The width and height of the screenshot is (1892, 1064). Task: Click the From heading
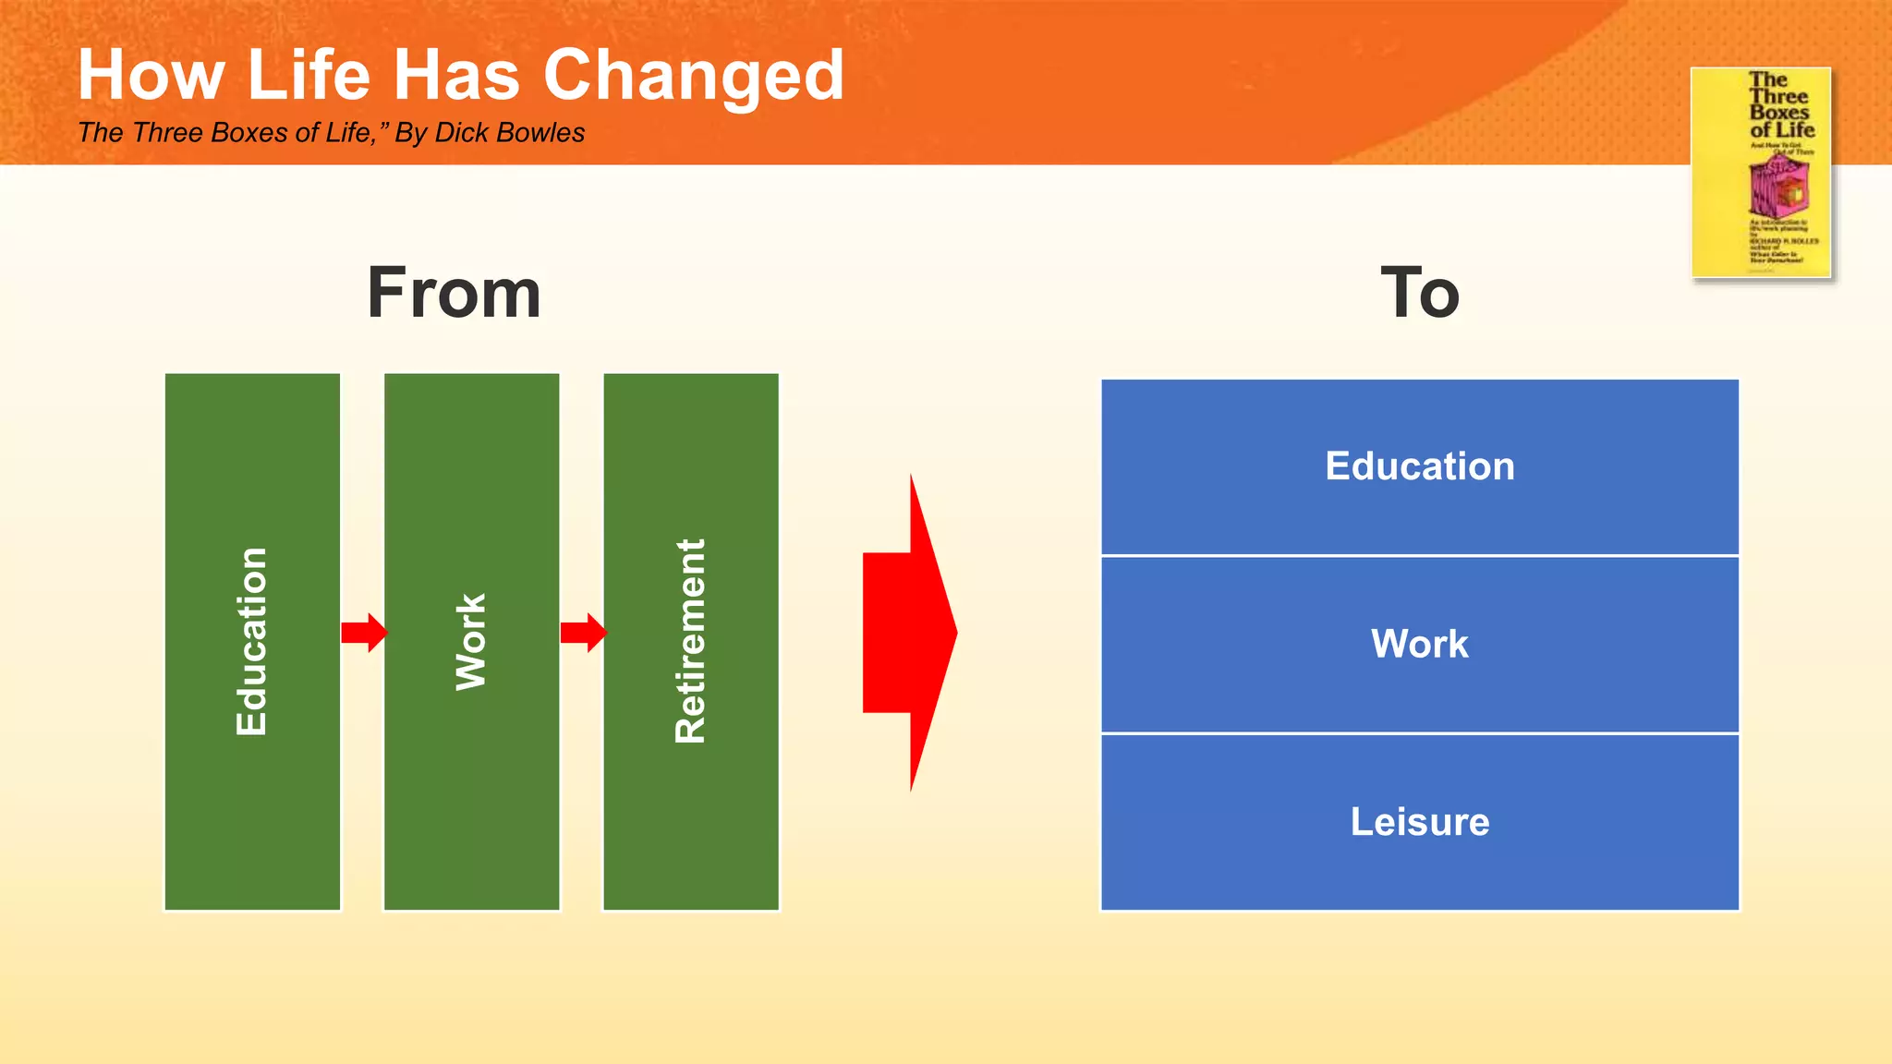pos(454,294)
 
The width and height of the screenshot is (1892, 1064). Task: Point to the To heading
pos(1420,294)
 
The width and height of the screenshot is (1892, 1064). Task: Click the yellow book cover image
pos(1761,173)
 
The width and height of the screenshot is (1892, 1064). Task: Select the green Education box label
pos(251,642)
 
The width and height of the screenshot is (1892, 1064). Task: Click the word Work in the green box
pos(471,642)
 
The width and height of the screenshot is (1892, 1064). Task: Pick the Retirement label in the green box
pos(691,642)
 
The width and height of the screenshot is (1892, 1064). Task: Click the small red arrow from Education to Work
pos(364,633)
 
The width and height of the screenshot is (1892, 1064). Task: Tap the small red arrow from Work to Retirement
pos(583,633)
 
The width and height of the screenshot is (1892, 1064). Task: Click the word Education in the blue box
pos(1420,466)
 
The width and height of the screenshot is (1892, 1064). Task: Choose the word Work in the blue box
pos(1420,644)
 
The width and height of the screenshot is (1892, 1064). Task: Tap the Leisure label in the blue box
pos(1420,822)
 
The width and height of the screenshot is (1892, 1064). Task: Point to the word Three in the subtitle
pos(167,133)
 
